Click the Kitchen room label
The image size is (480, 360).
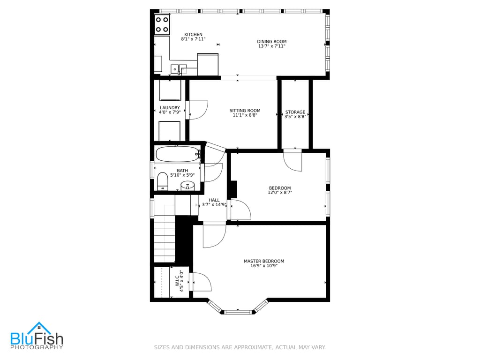[x=193, y=35]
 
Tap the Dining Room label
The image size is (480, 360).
[x=271, y=42]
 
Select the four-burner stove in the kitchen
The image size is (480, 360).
[x=162, y=24]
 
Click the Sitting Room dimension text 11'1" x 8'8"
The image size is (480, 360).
[x=245, y=115]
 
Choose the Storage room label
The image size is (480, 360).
[x=295, y=112]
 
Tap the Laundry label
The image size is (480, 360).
[x=169, y=108]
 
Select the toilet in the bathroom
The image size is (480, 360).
[x=163, y=181]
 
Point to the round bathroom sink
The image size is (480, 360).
[x=188, y=186]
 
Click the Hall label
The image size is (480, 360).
[x=214, y=200]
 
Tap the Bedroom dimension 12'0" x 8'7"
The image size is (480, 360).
[x=280, y=192]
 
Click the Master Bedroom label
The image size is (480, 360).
[x=263, y=261]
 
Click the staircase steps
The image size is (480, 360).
[x=165, y=239]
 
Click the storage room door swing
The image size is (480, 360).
[x=293, y=159]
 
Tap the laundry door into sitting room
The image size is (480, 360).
[x=197, y=110]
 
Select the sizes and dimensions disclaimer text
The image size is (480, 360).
[x=240, y=347]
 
